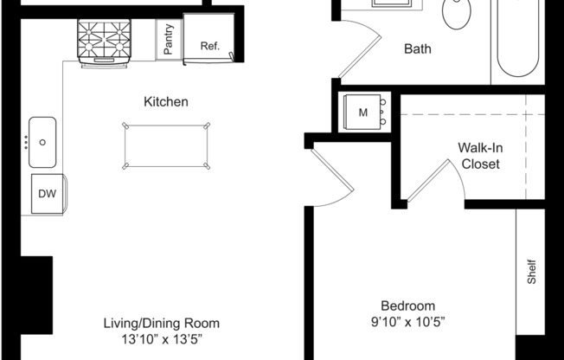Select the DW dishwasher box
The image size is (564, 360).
click(46, 194)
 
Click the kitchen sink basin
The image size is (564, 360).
click(42, 142)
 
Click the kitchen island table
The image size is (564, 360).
click(167, 144)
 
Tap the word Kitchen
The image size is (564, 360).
click(165, 102)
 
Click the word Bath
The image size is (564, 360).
click(418, 49)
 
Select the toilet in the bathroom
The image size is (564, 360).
click(457, 12)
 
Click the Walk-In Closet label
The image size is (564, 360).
click(480, 155)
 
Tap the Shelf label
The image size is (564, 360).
click(531, 273)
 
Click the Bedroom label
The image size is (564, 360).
click(408, 305)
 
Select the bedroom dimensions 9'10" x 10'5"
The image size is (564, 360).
click(408, 323)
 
